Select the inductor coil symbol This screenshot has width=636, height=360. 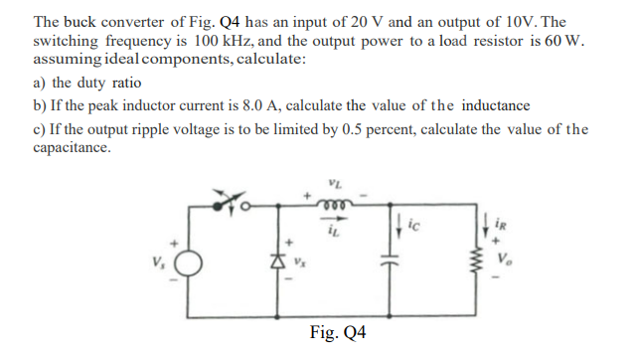[x=330, y=209]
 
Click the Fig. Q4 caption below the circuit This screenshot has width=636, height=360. [x=338, y=332]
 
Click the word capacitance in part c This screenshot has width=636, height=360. [x=72, y=148]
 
